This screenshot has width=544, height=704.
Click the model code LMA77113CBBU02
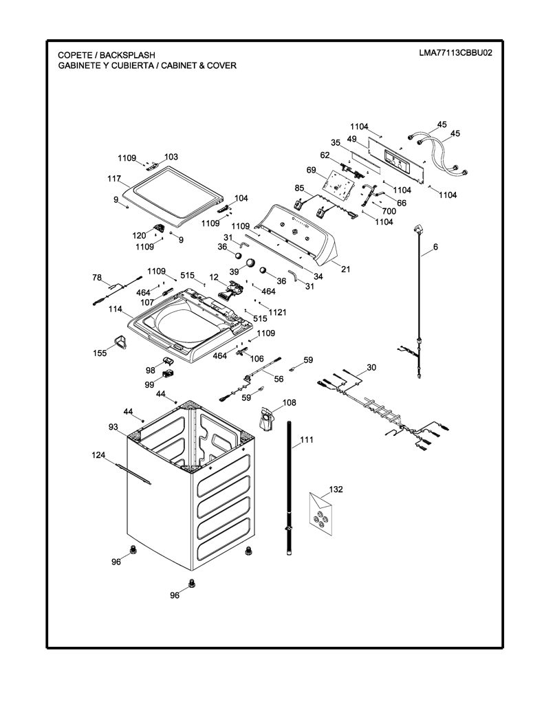[x=455, y=53]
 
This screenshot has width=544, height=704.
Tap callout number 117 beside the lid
[x=114, y=179]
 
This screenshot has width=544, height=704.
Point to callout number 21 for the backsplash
[x=345, y=269]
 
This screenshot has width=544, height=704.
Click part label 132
[x=336, y=489]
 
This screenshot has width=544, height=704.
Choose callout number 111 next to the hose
[x=306, y=439]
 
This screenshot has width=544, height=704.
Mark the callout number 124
[x=98, y=455]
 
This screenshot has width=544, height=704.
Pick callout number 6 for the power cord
[x=435, y=247]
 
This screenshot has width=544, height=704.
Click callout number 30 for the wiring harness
[x=371, y=367]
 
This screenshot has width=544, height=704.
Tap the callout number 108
[x=289, y=403]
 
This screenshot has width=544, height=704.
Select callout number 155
[x=100, y=353]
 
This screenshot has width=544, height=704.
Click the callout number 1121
[x=277, y=312]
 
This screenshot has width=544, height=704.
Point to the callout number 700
[x=389, y=211]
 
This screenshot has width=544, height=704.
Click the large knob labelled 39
[x=250, y=263]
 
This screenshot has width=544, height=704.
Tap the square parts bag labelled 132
[x=321, y=513]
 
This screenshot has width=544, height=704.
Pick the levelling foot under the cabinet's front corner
[x=192, y=583]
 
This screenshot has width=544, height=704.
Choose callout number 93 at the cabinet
[x=113, y=426]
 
